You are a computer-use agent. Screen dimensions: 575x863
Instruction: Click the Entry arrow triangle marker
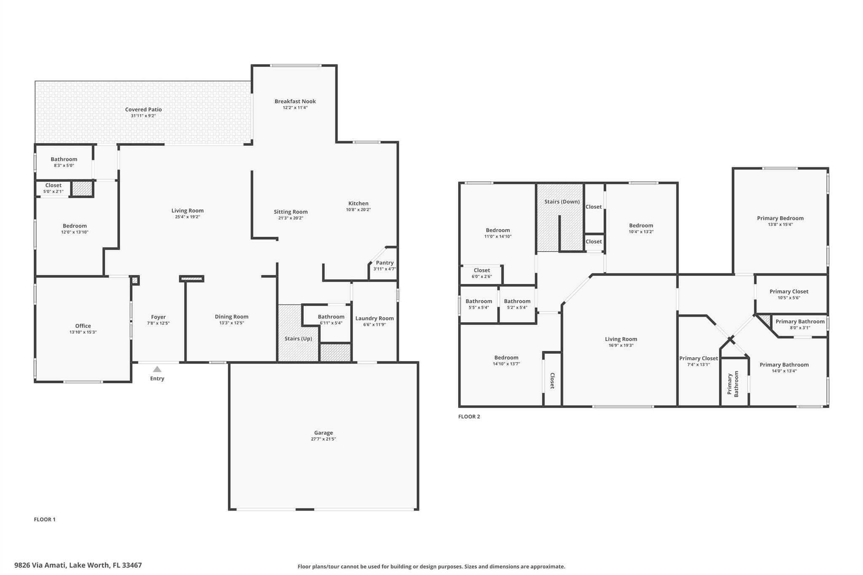pos(157,369)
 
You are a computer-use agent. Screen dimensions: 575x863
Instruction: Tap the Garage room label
pos(323,433)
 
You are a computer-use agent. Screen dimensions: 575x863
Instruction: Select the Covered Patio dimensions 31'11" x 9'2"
pos(143,116)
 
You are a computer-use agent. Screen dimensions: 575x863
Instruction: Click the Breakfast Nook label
pos(295,101)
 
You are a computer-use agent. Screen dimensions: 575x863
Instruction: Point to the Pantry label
pos(384,262)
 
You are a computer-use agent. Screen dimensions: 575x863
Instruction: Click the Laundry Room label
pos(374,318)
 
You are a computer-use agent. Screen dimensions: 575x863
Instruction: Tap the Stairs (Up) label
pos(298,339)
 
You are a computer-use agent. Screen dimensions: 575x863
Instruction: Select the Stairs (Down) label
pos(562,202)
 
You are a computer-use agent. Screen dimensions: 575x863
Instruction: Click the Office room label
pos(83,326)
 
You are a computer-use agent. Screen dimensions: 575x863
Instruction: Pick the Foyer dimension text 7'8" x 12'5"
pos(158,323)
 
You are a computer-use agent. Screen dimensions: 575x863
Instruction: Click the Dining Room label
pos(231,317)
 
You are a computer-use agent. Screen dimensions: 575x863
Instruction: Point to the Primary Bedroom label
pos(780,218)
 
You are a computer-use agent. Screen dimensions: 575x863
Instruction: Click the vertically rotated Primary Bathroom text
pos(733,384)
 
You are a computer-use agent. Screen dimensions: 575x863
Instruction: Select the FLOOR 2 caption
pos(469,417)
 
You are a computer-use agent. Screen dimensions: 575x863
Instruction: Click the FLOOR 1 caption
pos(45,519)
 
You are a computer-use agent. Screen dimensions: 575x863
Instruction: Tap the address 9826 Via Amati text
pos(78,565)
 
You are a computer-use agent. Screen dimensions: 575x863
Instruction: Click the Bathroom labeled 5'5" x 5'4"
pos(479,301)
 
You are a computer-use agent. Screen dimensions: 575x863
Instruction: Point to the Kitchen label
pos(358,203)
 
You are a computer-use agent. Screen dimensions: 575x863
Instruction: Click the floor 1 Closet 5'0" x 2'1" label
pos(53,185)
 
